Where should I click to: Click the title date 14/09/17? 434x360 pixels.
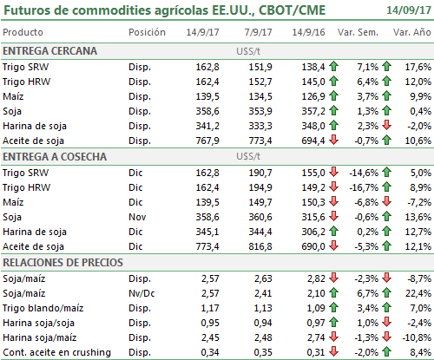409,10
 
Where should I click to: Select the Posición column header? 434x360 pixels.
147,32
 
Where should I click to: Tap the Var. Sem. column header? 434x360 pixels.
358,32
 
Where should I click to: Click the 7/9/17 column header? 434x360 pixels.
258,32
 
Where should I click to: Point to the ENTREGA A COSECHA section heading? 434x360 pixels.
55,157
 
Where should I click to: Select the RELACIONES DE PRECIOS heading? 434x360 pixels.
62,263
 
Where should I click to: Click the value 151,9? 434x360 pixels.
260,67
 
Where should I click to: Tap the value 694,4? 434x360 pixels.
313,141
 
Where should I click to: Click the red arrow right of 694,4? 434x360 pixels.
334,140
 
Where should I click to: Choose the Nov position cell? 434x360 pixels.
137,217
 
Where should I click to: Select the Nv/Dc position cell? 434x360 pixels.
141,293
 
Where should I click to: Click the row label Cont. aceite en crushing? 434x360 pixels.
56,352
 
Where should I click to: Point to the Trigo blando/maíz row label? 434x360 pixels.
43,308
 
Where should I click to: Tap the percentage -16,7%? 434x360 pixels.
364,187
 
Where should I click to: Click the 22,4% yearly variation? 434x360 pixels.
418,293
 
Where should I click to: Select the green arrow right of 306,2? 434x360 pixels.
334,231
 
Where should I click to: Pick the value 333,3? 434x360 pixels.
260,126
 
